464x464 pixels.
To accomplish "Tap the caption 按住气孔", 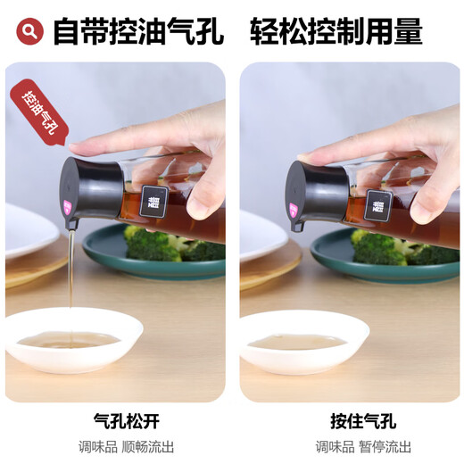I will click(x=350, y=419).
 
